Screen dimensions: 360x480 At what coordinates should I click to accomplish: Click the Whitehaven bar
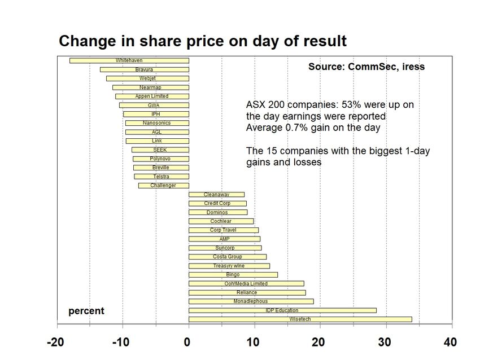129,60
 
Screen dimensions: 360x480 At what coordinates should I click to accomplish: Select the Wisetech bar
300,319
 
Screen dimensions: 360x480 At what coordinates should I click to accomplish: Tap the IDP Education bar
282,310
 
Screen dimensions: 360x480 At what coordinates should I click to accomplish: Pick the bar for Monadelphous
251,301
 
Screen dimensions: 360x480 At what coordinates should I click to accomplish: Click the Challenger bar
163,186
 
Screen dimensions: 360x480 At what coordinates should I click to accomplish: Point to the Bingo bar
233,275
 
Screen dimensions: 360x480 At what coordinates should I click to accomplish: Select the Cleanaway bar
216,195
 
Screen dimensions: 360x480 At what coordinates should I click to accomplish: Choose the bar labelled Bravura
144,69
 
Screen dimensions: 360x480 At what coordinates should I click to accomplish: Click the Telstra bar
161,177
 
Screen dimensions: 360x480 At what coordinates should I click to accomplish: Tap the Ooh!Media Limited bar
246,283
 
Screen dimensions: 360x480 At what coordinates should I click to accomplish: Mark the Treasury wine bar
229,266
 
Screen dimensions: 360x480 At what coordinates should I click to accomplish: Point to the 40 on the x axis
450,343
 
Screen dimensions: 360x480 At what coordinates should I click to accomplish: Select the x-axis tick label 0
187,343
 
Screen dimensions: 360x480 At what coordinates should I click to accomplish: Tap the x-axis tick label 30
385,343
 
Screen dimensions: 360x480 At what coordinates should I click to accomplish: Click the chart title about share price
203,41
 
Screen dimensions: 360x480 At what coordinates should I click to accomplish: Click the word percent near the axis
86,311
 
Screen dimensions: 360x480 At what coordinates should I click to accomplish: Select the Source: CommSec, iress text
366,67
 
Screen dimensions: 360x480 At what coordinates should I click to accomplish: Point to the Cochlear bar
221,221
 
